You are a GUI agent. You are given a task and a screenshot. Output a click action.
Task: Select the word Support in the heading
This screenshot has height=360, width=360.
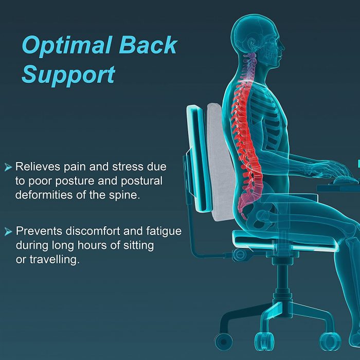(x=68, y=75)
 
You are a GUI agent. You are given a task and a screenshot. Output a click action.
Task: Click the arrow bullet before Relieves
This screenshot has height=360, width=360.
(x=8, y=167)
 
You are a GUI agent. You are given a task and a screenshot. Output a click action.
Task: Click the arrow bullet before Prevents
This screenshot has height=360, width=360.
(x=8, y=232)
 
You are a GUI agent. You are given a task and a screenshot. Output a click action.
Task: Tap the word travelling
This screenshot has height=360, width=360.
(x=54, y=260)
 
